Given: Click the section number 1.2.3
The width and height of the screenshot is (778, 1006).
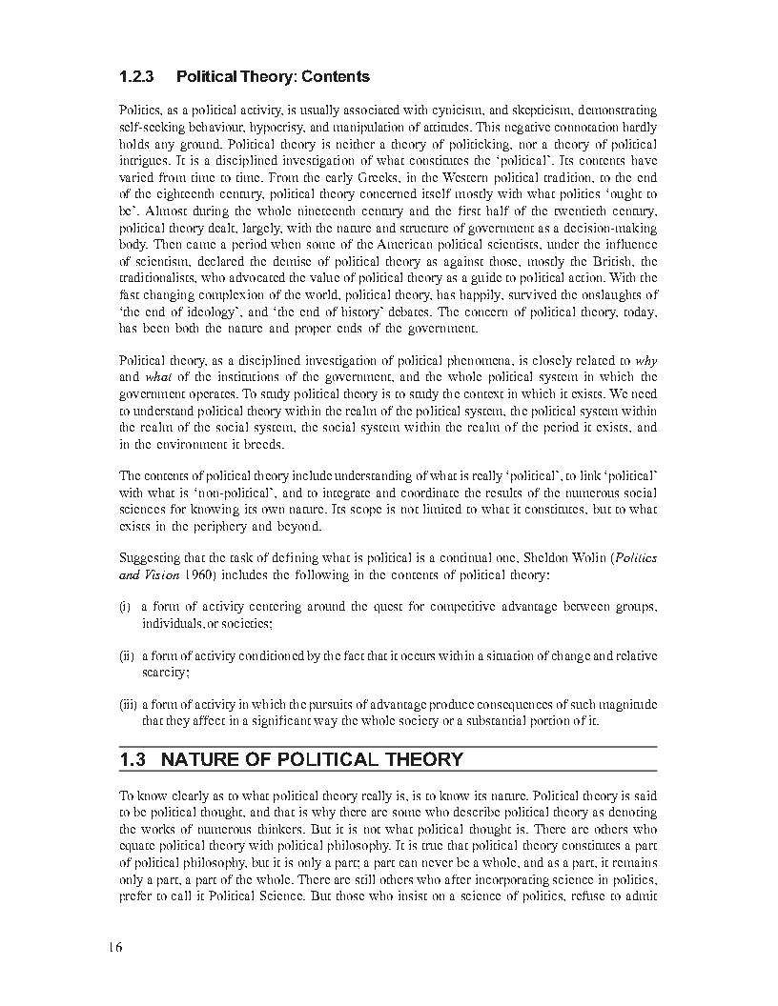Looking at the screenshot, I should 137,76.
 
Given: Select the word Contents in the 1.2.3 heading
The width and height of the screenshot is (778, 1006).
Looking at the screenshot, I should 336,76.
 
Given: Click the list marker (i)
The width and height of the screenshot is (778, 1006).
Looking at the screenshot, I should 124,606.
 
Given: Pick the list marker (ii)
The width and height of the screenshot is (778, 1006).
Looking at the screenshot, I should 126,655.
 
